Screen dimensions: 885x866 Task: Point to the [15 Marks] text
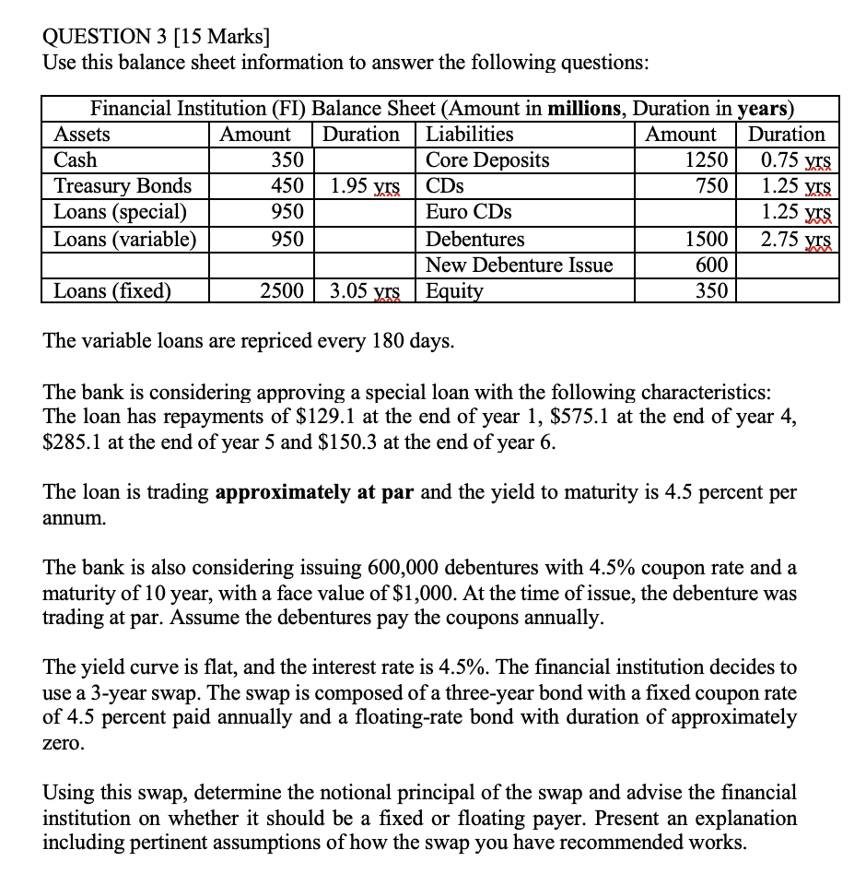point(228,37)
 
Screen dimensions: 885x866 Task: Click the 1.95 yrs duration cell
point(364,185)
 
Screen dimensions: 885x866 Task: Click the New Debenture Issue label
point(519,265)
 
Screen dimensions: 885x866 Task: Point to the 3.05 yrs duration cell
point(364,291)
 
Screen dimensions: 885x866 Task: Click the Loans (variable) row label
point(124,239)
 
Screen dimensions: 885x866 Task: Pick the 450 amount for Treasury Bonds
point(287,185)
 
